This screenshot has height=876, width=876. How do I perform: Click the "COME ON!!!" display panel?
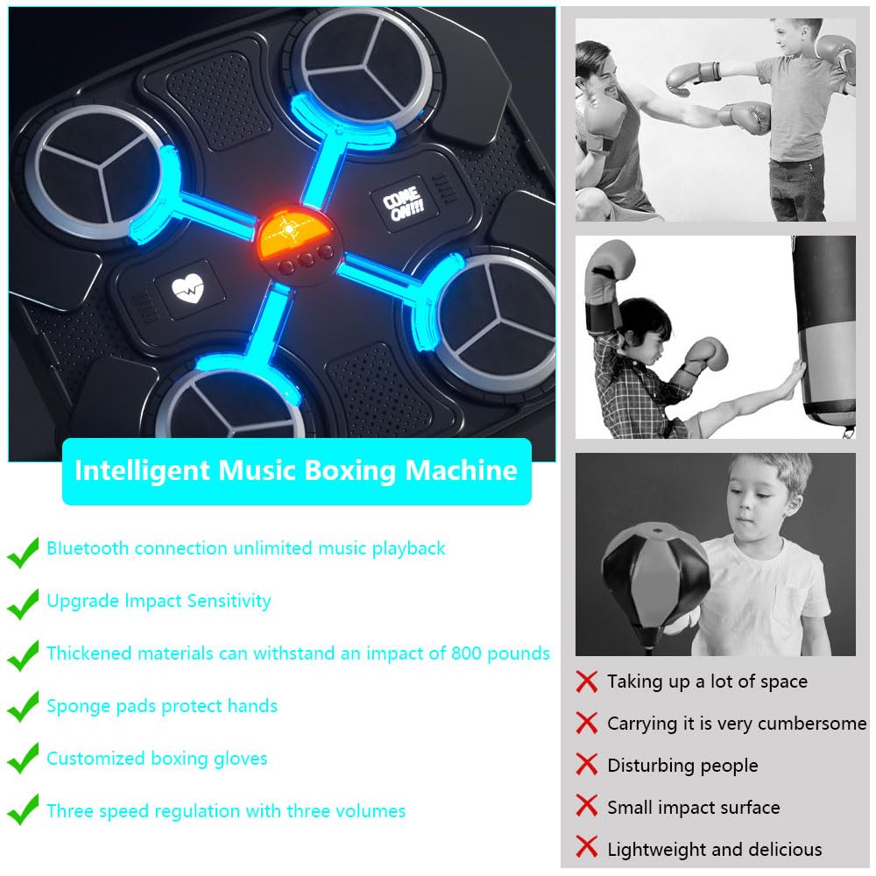click(401, 208)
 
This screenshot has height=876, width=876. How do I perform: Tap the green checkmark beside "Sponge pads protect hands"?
click(24, 706)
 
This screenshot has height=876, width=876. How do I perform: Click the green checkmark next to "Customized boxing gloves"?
click(24, 759)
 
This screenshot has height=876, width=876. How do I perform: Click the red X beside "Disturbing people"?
click(587, 765)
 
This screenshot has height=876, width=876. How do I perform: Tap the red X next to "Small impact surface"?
click(587, 807)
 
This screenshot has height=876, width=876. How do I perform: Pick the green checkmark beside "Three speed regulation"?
click(24, 811)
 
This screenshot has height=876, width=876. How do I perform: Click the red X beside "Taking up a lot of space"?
click(587, 682)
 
